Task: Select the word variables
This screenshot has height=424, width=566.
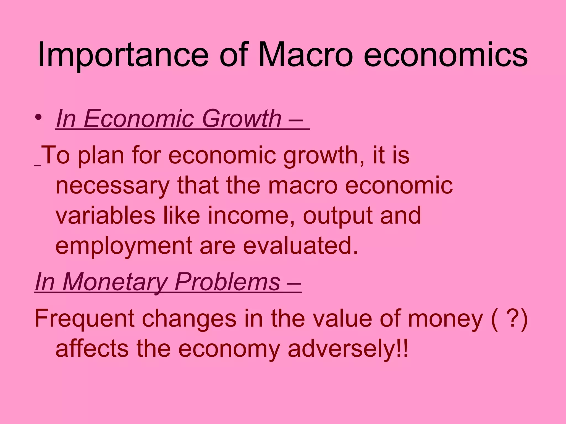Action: pos(105,215)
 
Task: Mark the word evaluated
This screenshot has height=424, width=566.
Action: pos(300,246)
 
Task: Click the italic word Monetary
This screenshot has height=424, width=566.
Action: pos(115,282)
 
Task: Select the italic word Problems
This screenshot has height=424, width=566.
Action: pos(227,282)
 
